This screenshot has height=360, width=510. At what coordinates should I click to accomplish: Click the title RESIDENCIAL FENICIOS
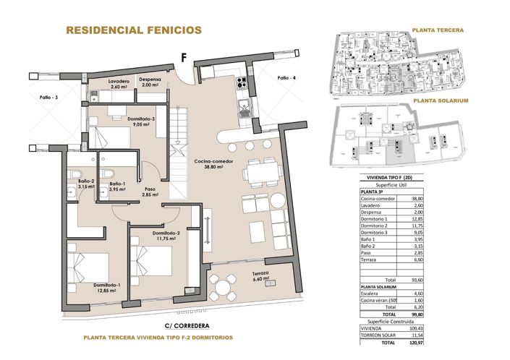pos(134,30)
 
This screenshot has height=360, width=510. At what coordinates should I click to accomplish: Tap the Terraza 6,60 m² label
pos(261,275)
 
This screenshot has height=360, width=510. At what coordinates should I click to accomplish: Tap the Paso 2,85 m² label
pos(150,193)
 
